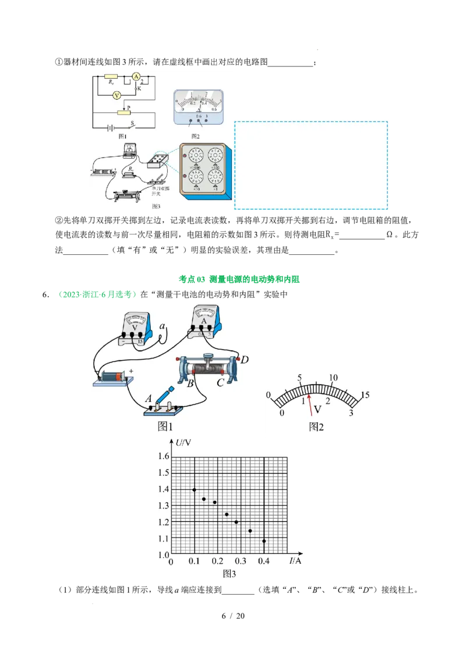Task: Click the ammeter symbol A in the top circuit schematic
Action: (136, 76)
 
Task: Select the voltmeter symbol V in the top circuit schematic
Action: (116, 94)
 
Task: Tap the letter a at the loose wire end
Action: (162, 327)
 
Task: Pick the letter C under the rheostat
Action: (220, 383)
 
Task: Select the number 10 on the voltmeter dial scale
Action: (333, 378)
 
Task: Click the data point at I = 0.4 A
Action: (264, 541)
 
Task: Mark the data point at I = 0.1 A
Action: (194, 490)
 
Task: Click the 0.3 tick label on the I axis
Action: (241, 561)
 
